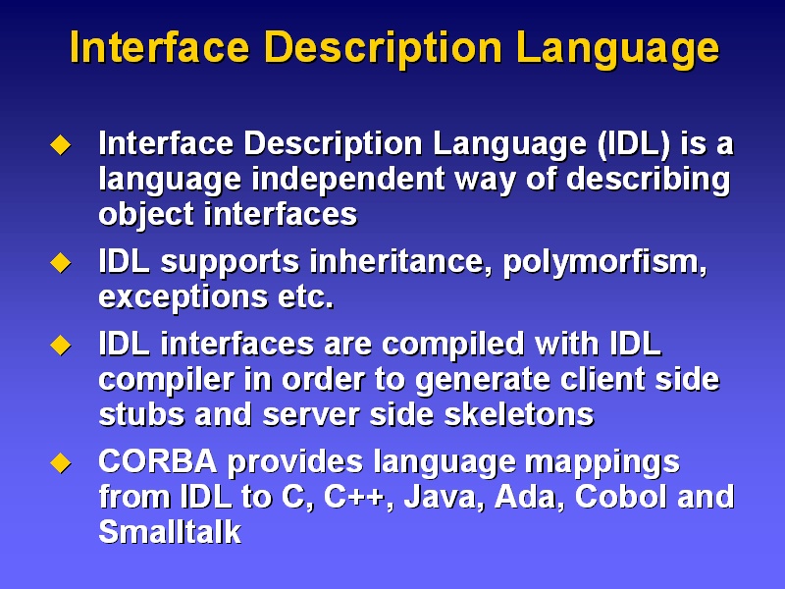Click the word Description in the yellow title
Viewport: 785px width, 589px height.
[383, 48]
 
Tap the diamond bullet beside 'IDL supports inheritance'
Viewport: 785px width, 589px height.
[61, 262]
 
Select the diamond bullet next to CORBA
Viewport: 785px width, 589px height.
[61, 462]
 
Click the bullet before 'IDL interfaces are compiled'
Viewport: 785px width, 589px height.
[61, 346]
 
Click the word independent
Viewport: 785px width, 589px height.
[348, 179]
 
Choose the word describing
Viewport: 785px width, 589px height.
[649, 180]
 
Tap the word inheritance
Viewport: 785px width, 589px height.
[401, 261]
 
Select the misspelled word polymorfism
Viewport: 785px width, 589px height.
[604, 262]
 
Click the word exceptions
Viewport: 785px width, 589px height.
[183, 297]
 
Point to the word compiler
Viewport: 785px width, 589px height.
[166, 380]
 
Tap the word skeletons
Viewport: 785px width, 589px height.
[519, 414]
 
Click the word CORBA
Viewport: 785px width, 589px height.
[158, 460]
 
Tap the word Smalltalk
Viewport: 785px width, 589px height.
[170, 531]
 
